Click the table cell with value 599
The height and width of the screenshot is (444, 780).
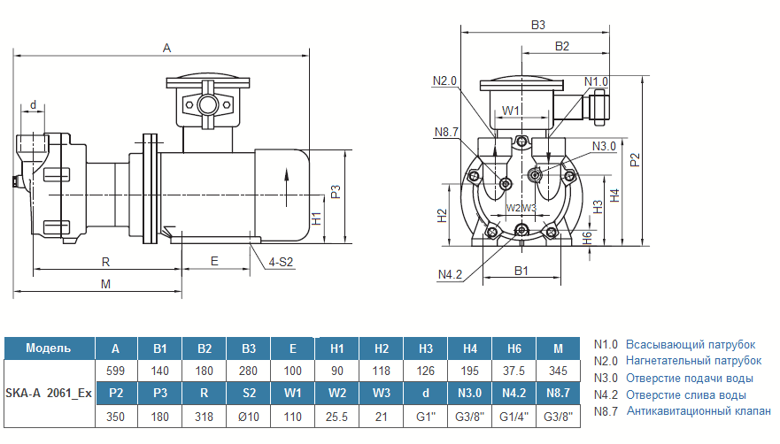click(x=115, y=371)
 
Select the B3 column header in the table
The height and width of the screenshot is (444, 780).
click(x=248, y=348)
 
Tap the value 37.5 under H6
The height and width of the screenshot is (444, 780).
click(x=514, y=371)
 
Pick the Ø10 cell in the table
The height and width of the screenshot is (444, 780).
click(x=248, y=417)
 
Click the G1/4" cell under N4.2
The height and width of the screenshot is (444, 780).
click(x=514, y=417)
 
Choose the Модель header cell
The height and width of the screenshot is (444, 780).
click(x=49, y=348)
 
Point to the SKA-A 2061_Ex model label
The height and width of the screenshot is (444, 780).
click(x=49, y=394)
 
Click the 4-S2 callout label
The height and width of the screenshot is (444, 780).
click(x=281, y=262)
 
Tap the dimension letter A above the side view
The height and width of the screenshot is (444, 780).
click(x=166, y=49)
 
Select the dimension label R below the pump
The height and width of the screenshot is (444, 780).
click(x=105, y=262)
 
